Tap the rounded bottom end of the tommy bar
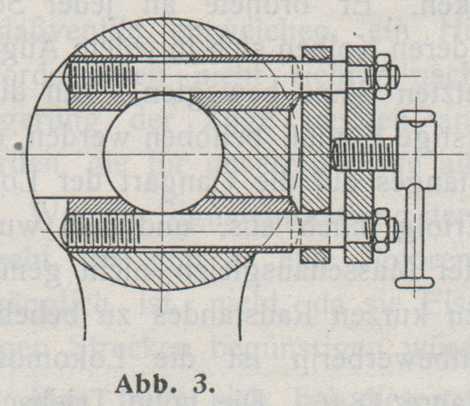pos(414,282)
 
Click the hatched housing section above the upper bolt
pos(165,39)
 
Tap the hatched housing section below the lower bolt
pos(165,270)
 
